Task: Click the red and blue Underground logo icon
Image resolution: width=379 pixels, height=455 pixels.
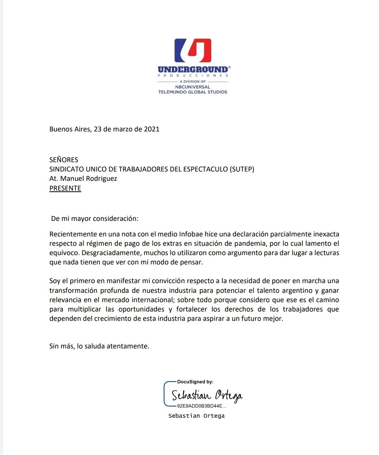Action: click(x=193, y=51)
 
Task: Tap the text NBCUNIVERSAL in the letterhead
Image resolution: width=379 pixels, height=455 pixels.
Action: click(x=193, y=87)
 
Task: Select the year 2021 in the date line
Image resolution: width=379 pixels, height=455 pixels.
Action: click(x=152, y=129)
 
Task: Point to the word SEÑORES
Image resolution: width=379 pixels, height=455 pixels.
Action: click(x=64, y=160)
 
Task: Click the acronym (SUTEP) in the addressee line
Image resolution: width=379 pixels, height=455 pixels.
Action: click(x=242, y=169)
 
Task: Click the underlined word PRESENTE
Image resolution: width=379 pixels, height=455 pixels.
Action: click(x=65, y=189)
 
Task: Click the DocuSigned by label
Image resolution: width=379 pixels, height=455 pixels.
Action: click(x=195, y=382)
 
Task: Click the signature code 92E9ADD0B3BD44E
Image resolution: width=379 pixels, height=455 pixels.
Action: click(x=200, y=406)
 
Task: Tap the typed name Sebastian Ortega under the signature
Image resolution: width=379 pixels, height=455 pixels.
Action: click(x=196, y=416)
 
